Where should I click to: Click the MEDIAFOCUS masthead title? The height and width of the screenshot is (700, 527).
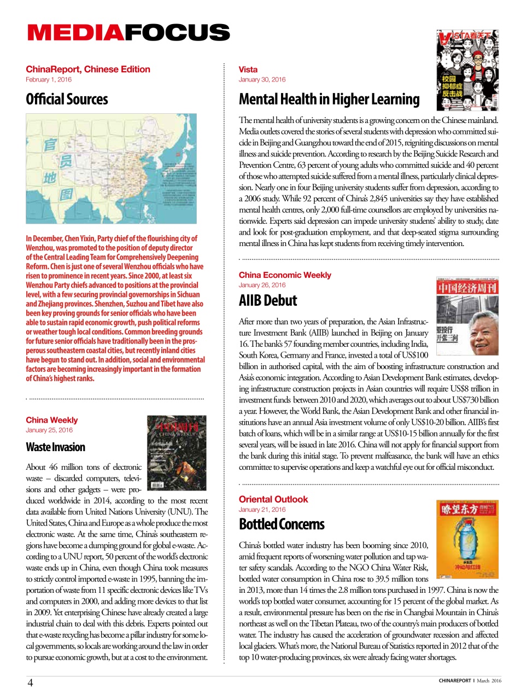[128, 32]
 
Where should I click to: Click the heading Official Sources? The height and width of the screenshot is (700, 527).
[67, 100]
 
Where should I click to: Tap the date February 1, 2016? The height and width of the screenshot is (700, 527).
[49, 80]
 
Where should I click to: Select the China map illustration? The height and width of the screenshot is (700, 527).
[111, 168]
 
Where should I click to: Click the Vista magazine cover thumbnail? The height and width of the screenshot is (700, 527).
[467, 71]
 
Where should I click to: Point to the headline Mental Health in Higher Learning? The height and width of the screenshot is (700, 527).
[329, 100]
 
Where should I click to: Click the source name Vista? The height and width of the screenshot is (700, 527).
[248, 69]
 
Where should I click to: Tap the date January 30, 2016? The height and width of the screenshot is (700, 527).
[262, 80]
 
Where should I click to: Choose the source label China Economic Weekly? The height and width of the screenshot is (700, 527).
[285, 275]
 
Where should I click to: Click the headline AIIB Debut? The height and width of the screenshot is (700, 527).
[268, 301]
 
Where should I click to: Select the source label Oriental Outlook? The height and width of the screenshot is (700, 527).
[273, 499]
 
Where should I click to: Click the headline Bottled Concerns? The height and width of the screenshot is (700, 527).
[282, 524]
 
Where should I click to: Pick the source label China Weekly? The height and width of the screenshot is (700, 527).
[52, 420]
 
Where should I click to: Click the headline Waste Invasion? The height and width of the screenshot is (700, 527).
[55, 447]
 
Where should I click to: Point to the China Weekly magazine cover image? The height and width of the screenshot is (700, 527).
[177, 453]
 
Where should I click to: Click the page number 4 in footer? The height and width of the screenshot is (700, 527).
[30, 682]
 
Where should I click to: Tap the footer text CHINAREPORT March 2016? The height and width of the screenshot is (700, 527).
[469, 681]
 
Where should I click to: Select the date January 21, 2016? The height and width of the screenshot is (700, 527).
[262, 510]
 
